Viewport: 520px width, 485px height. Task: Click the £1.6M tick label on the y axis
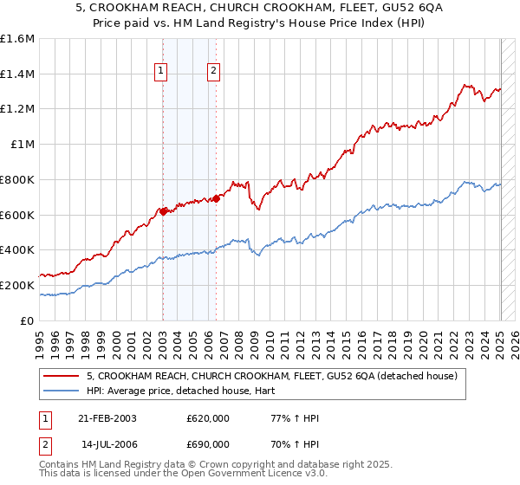[x=17, y=39]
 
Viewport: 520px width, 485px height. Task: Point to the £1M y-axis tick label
[x=22, y=145]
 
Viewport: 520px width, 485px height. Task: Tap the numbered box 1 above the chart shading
[x=162, y=72]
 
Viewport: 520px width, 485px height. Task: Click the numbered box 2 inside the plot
[x=213, y=72]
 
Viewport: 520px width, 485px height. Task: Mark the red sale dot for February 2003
[x=163, y=210]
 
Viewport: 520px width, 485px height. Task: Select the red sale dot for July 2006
[x=216, y=198]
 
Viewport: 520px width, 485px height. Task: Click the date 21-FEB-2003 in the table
[x=107, y=418]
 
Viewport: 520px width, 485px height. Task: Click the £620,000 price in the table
[x=208, y=418]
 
